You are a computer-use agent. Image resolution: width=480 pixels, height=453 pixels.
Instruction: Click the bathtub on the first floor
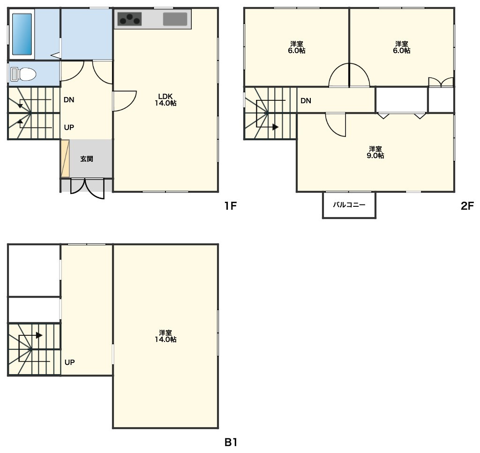point(22,34)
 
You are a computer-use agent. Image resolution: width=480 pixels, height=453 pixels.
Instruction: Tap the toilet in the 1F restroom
point(23,74)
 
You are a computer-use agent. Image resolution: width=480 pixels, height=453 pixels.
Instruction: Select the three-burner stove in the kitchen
point(129,19)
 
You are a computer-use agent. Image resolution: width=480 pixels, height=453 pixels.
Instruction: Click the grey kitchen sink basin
point(175,19)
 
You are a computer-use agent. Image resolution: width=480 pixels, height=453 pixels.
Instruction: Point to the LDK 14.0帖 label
point(165,99)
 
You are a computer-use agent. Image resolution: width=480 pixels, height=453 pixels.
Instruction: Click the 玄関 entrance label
point(87,159)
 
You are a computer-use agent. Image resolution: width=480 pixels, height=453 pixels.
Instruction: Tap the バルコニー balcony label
point(349,204)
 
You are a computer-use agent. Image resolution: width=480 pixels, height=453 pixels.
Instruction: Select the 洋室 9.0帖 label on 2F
point(375,152)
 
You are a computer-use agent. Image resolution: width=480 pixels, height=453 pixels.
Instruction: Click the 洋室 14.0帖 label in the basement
point(165,336)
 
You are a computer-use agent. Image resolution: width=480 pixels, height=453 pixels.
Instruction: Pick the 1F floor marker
point(231,206)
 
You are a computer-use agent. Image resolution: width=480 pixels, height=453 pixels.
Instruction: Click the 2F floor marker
point(467,206)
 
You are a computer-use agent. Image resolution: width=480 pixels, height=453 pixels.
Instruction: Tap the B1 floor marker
point(231,442)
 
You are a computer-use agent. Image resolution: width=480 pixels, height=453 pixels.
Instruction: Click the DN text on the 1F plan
point(69,100)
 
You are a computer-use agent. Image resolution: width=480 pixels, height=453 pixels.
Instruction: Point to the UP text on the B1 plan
point(69,362)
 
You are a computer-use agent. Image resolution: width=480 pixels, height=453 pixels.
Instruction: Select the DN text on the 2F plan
point(306,101)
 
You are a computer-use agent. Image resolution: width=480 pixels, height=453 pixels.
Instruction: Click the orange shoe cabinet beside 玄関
point(65,159)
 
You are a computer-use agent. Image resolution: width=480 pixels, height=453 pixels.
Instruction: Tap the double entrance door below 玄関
point(87,189)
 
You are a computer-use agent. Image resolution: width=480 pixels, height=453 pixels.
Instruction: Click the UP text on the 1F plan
point(69,128)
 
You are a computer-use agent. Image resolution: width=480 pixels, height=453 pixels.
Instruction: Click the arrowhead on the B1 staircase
point(39,335)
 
